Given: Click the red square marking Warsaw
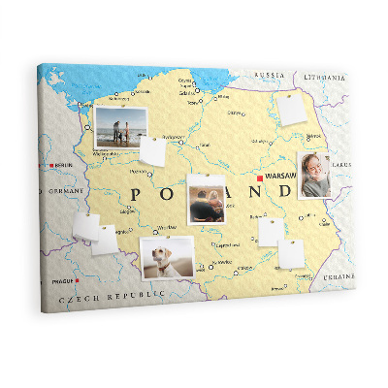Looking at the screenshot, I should point(259,178).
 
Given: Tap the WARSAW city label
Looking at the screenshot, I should point(279,177).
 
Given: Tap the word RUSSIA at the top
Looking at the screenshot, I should point(270,75).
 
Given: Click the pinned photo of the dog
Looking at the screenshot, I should point(167,257).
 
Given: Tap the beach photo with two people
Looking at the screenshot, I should point(121,127).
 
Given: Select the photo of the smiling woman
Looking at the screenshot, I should point(315,175).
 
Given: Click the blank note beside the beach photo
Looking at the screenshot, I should point(153,151).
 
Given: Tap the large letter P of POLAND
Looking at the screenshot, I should point(135,194).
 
